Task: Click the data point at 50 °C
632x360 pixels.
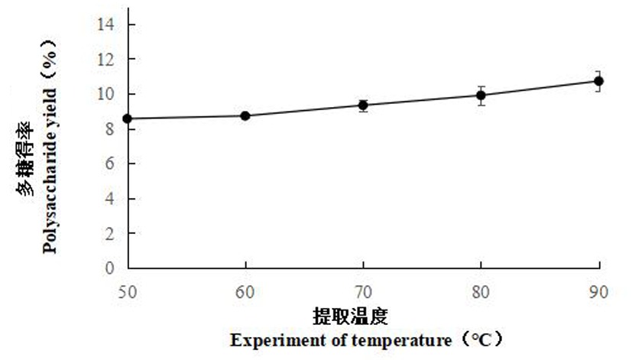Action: (128, 118)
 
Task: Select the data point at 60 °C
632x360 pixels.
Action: (245, 115)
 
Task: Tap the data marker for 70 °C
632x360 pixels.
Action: (364, 105)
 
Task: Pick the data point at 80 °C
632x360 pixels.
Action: (481, 95)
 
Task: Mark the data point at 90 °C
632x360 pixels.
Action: (599, 81)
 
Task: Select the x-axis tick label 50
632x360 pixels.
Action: (128, 291)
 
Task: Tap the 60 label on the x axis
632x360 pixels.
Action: (245, 291)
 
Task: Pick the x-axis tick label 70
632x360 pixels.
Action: (364, 291)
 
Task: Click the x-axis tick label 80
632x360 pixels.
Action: (481, 291)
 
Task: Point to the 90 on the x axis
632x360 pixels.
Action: (599, 291)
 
